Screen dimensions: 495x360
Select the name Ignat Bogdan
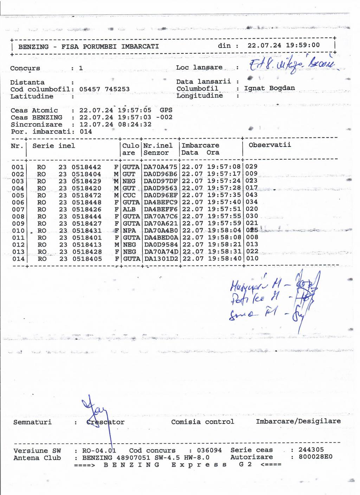[270, 88]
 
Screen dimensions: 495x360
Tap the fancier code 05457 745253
[104, 89]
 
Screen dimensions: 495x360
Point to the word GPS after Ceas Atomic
[166, 110]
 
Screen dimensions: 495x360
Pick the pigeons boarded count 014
[86, 131]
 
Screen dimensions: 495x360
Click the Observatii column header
[270, 145]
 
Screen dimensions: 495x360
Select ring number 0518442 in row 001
[86, 167]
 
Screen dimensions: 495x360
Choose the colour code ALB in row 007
[129, 209]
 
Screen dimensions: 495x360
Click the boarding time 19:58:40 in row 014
[225, 258]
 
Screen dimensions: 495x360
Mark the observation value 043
[252, 195]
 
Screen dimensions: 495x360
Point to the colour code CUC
[129, 195]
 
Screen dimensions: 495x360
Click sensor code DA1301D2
[161, 258]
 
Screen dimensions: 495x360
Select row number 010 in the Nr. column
[18, 231]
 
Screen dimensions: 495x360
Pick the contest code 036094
[209, 450]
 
